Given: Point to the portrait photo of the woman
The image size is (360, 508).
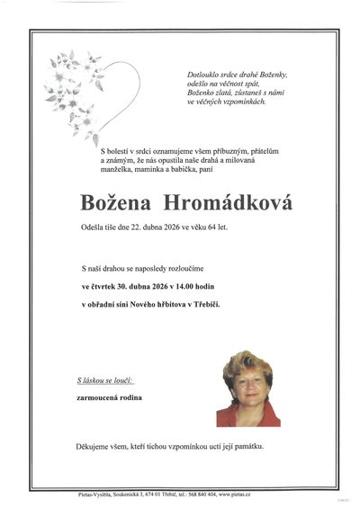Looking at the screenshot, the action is tap(247, 388).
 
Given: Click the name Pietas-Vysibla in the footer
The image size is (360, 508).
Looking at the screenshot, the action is tap(98, 495).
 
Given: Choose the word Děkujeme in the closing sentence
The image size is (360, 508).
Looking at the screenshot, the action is tap(94, 447).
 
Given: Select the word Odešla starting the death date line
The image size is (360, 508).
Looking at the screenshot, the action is tap(93, 227).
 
